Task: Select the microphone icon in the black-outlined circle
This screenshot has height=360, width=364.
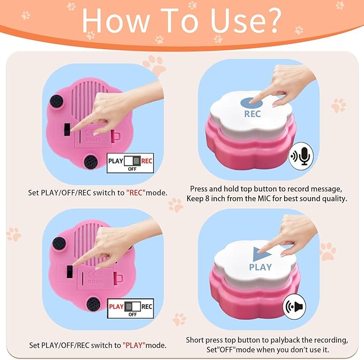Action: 301,156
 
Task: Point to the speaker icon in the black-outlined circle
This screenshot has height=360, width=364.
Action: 295,306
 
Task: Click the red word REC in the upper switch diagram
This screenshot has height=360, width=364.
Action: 147,161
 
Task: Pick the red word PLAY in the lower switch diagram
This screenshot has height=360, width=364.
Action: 116,306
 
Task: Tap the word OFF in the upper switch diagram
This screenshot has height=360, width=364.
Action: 132,169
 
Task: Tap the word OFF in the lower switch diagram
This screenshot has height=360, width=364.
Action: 132,314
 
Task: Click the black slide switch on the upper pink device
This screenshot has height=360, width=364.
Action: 67,130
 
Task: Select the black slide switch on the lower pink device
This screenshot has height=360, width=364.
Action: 70,272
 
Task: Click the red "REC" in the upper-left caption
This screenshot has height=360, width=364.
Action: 136,192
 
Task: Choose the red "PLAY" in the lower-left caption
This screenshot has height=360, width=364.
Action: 134,345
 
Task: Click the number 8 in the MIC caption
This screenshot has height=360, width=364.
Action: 207,199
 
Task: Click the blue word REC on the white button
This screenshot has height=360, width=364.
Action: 252,114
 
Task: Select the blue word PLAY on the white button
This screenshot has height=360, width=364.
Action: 260,267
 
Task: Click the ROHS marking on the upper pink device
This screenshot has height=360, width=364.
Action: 93,140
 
